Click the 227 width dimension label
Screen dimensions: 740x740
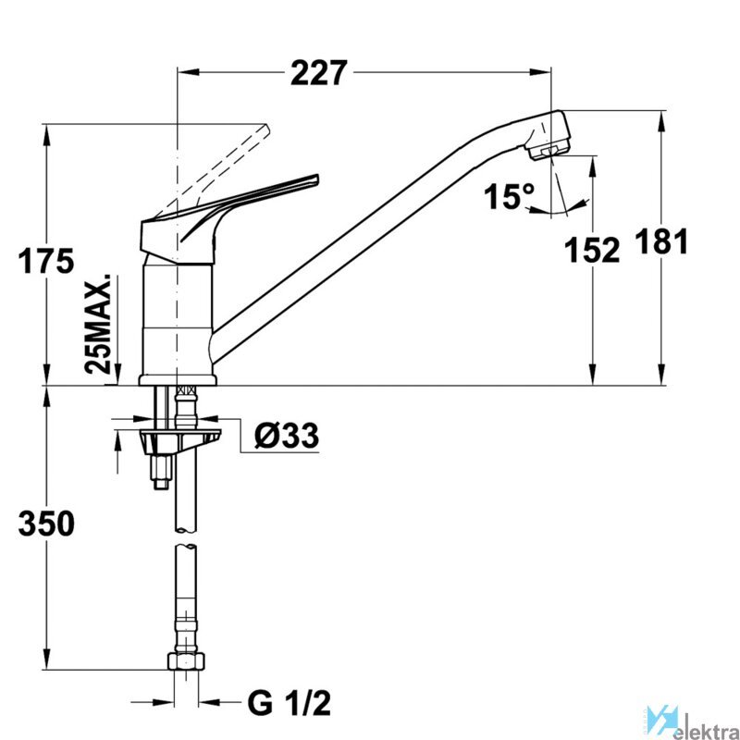pos(318,72)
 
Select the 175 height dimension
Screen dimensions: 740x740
pos(45,262)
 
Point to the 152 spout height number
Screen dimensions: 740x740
pos(593,249)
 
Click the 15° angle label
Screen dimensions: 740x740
pos(509,196)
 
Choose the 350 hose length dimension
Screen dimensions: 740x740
pos(45,524)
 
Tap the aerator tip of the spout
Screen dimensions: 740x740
pos(552,148)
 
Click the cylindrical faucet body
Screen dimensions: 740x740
pos(178,314)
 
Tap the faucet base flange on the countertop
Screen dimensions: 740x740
pos(178,379)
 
